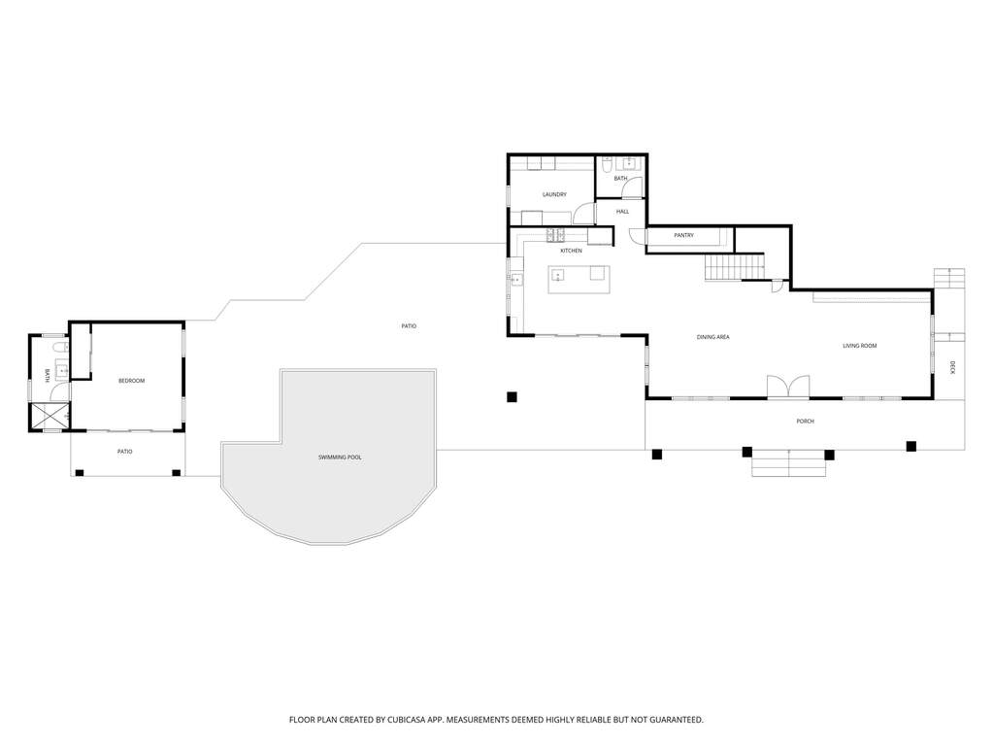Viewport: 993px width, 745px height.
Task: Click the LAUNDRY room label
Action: (554, 194)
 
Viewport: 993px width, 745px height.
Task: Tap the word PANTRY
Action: (684, 235)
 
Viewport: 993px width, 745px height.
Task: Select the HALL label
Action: (622, 212)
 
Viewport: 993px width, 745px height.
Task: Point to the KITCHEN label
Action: (571, 251)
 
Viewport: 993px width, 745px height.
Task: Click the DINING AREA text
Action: (713, 337)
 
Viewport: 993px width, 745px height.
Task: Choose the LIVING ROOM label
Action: (859, 346)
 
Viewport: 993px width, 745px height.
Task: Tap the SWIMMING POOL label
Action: (340, 457)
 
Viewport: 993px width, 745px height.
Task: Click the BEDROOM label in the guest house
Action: (132, 381)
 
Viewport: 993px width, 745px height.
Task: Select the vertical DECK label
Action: (952, 367)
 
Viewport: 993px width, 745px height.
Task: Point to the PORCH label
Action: (805, 422)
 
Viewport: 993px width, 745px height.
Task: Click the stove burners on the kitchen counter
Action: (555, 235)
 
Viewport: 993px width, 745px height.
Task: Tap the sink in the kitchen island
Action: (558, 275)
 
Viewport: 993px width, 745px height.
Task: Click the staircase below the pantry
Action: (735, 267)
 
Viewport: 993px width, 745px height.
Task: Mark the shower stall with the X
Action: (49, 417)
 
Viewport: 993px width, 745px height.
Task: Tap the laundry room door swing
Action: (584, 213)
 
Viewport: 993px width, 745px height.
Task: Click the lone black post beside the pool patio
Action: (512, 397)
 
